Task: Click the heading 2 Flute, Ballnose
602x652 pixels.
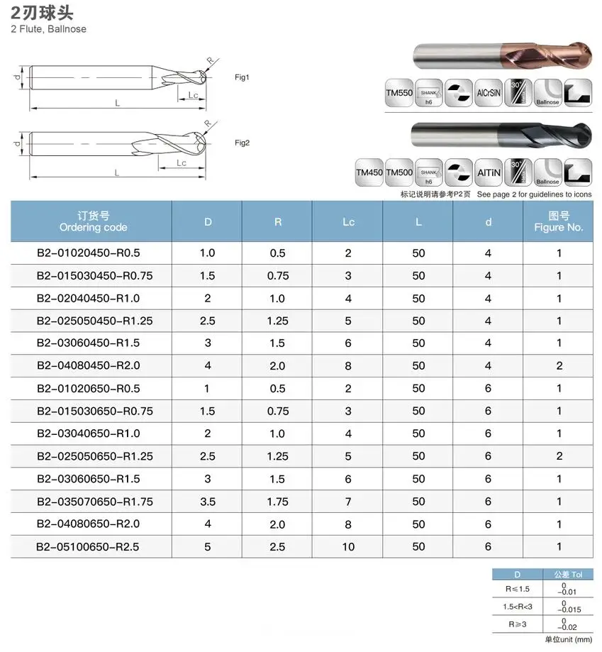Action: (49, 29)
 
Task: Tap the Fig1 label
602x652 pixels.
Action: (242, 77)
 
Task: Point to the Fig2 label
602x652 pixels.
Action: (242, 143)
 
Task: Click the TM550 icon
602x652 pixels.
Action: (398, 93)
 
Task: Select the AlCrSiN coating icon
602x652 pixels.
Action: (489, 93)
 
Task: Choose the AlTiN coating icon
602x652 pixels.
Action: (489, 172)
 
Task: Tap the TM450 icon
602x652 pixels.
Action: (369, 172)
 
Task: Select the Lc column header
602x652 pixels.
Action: (348, 222)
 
